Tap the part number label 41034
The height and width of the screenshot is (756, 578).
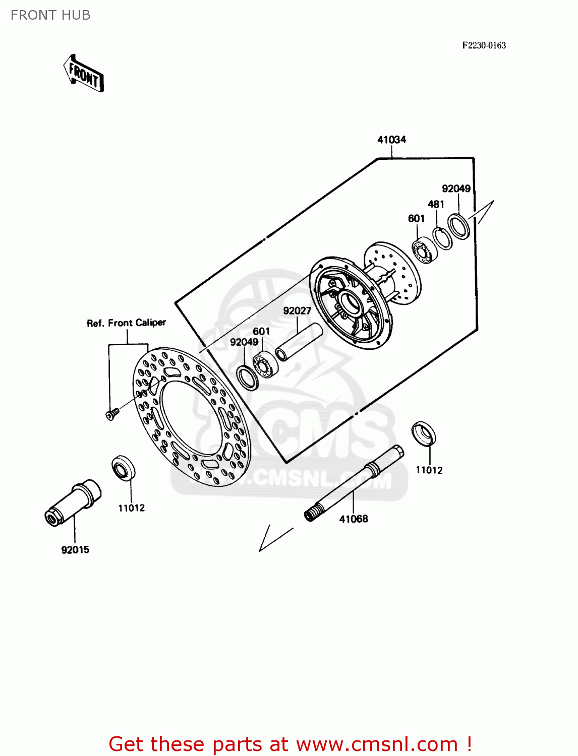(x=391, y=140)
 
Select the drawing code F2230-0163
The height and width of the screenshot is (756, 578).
(x=484, y=45)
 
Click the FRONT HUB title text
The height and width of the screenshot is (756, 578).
(x=50, y=15)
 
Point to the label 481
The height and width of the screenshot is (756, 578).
(x=436, y=204)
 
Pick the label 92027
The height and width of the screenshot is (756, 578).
(x=297, y=310)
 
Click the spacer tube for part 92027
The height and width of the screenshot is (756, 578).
(x=299, y=342)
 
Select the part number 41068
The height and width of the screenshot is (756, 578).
(x=354, y=519)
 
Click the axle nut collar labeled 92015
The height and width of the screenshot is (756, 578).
(x=73, y=501)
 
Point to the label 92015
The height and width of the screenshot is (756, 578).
(x=75, y=550)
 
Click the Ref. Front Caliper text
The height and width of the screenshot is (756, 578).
(x=126, y=323)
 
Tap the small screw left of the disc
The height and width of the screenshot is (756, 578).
(x=111, y=414)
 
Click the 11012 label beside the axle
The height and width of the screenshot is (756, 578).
(x=429, y=470)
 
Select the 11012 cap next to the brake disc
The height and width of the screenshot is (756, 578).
(x=124, y=468)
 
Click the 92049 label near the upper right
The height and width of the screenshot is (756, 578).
(x=456, y=188)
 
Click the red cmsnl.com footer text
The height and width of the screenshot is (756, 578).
(x=290, y=744)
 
